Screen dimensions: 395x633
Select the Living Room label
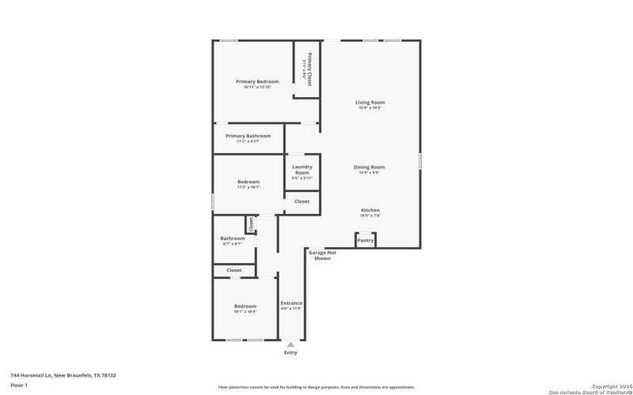[x=370, y=103]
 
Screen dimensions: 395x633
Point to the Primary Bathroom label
[x=248, y=136]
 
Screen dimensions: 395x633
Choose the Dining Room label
[x=369, y=167]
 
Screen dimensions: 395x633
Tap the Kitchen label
[x=370, y=210]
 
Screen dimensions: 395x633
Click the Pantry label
[x=365, y=239]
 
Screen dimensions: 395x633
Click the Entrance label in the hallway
[x=291, y=303]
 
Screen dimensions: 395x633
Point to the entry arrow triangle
[x=291, y=344]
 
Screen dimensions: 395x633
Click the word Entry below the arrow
[x=291, y=352]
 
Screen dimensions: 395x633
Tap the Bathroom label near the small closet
[x=232, y=239]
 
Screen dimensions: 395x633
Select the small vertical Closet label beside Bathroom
[x=251, y=224]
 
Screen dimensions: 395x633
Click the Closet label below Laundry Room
[x=302, y=201]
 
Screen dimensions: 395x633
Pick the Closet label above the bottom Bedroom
[x=234, y=270]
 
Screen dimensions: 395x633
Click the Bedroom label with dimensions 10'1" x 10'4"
[x=244, y=307]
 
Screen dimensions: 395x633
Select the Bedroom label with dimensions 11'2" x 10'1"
[x=248, y=182]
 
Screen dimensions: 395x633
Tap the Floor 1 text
[x=19, y=385]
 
